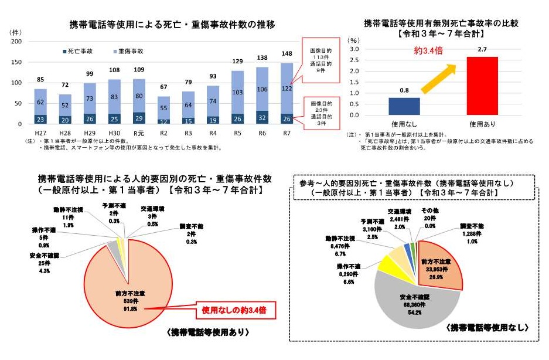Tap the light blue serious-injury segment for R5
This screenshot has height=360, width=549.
pos(237,92)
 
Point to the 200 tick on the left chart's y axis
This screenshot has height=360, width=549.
pos(16,42)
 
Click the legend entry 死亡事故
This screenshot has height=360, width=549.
pos(78,51)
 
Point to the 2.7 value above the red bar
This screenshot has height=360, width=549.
pos(483,50)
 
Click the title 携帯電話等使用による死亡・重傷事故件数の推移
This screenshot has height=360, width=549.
pos(172,24)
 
